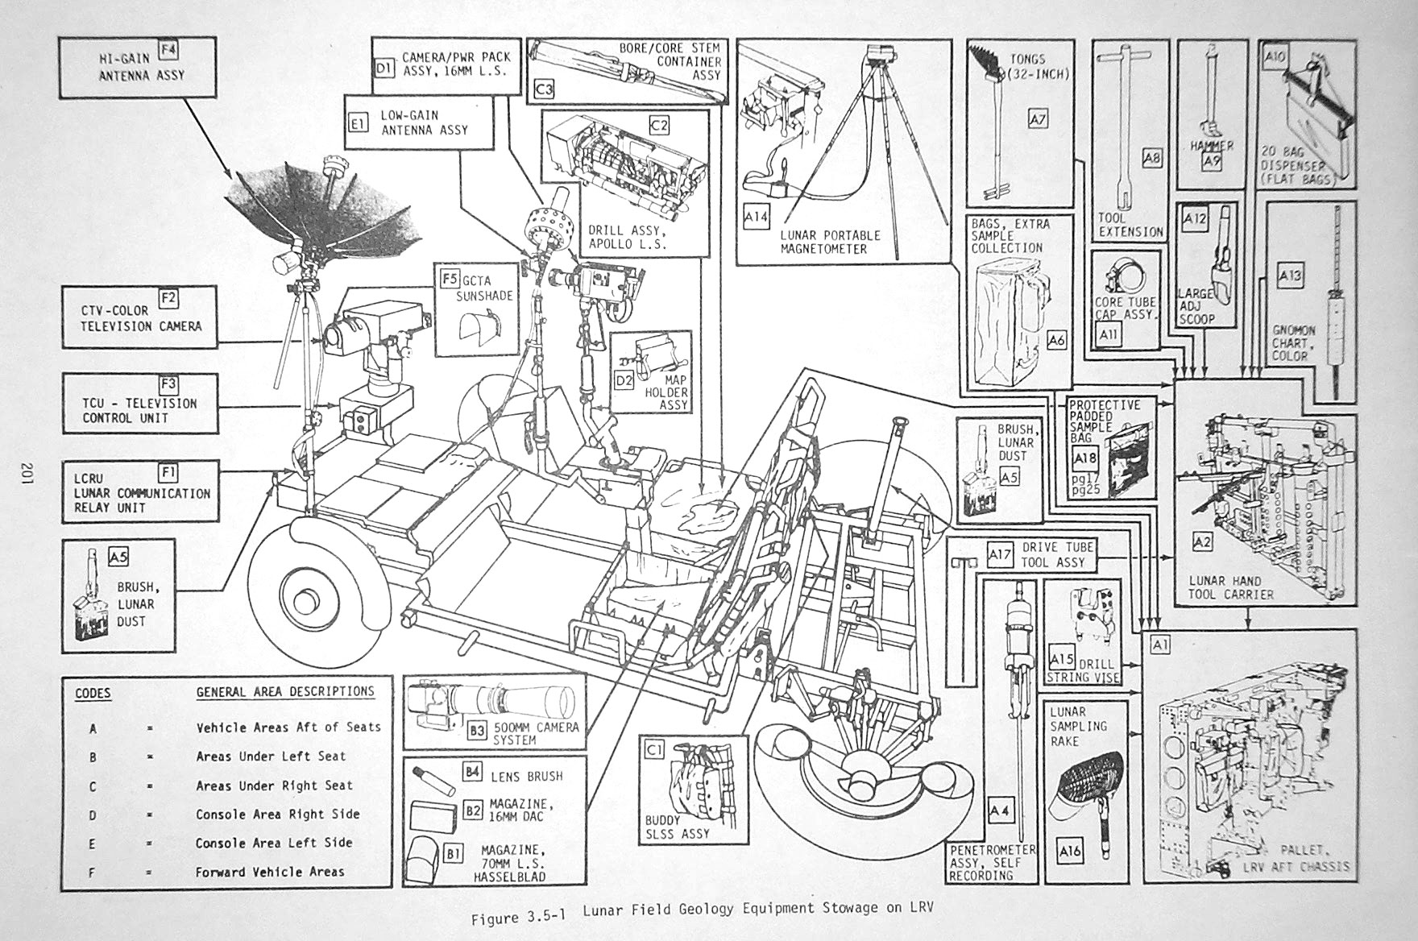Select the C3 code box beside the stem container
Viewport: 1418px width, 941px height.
(x=545, y=89)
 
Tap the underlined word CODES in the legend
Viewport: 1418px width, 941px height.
(x=93, y=693)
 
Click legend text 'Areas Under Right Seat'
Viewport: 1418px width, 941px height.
(x=275, y=786)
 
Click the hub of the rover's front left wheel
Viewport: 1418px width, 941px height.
(x=307, y=601)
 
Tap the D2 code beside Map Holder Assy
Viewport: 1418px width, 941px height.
(x=624, y=378)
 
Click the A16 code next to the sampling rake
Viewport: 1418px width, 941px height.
(x=1070, y=851)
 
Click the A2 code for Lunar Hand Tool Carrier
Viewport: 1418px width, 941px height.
(x=1201, y=542)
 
